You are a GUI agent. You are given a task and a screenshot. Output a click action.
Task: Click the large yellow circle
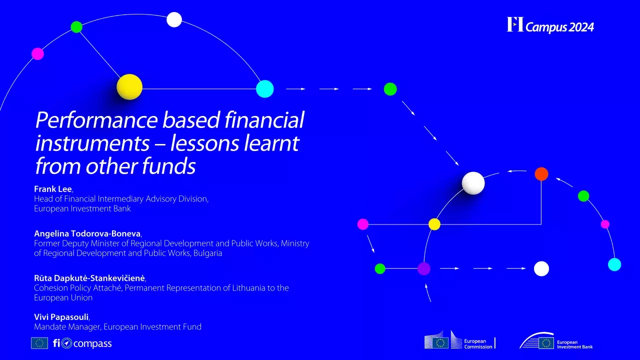(129, 87)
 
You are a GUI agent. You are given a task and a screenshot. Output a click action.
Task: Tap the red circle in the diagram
(541, 174)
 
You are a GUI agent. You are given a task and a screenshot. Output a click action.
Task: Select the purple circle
(424, 268)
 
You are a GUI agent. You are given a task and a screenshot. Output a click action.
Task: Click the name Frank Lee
(53, 189)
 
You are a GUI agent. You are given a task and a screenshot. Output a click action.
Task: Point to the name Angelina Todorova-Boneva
(87, 233)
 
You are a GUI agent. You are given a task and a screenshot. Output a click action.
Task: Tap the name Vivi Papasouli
(61, 316)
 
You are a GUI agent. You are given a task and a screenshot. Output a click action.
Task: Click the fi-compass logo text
(82, 343)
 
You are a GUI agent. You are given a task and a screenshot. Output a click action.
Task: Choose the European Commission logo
(459, 342)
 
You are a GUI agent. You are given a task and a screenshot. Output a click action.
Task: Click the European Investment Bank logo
(556, 342)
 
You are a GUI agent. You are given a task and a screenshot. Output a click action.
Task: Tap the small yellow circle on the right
(434, 224)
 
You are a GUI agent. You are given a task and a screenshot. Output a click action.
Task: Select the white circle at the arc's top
(174, 19)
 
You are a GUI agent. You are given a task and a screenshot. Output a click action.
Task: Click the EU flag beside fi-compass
(39, 343)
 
